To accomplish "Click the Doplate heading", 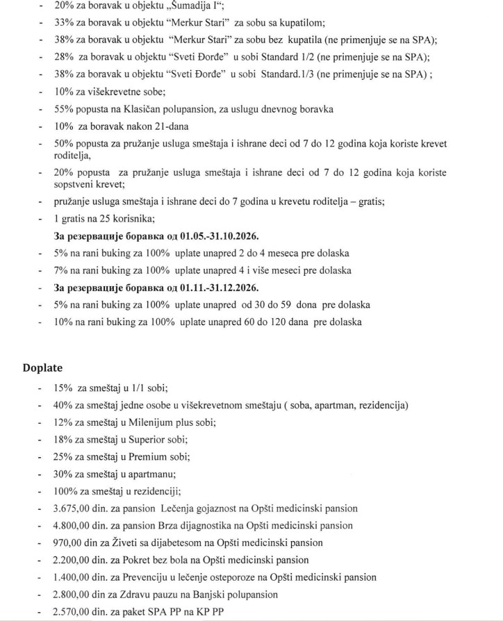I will (x=42, y=367).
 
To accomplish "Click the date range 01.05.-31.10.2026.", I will (x=209, y=235).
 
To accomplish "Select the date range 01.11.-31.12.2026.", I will (x=209, y=288).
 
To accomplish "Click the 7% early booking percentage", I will (x=61, y=270).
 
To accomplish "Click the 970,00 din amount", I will (x=76, y=543).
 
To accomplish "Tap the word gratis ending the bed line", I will (x=369, y=201).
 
